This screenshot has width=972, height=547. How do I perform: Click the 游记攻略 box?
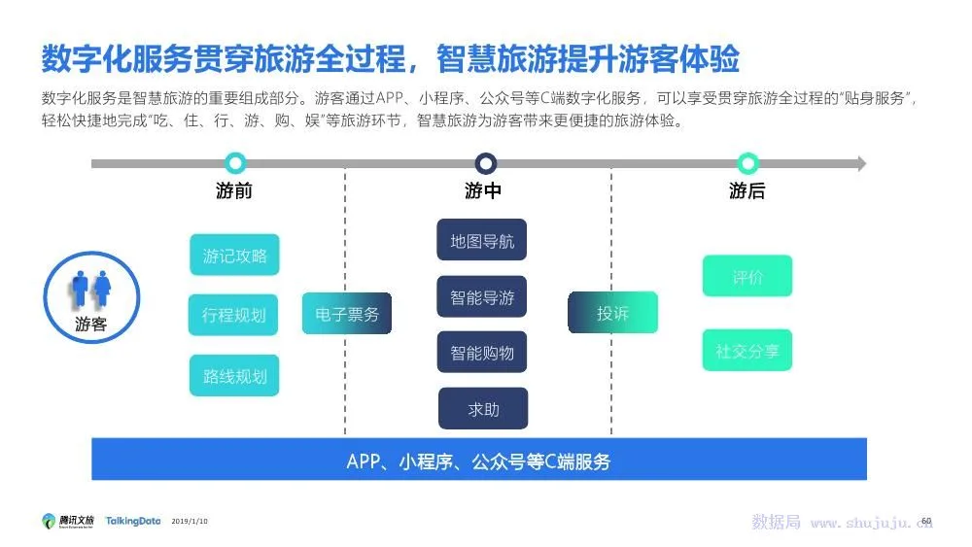tap(234, 256)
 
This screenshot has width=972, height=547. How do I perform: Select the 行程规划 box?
tap(233, 315)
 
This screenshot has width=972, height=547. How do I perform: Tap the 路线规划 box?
tap(234, 375)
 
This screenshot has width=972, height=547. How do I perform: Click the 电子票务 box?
tap(347, 313)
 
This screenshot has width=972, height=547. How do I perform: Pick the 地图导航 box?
tap(482, 240)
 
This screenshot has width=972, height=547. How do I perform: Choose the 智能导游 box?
tap(482, 297)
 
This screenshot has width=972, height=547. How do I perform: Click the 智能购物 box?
tap(482, 352)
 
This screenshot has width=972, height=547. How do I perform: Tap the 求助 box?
tap(483, 409)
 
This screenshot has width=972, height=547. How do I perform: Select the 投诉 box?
tap(612, 313)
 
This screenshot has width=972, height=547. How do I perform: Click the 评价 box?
tap(747, 277)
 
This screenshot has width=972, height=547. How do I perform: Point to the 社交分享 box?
tap(747, 351)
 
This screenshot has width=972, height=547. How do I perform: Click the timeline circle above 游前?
tap(234, 163)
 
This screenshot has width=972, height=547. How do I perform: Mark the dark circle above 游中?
tap(486, 163)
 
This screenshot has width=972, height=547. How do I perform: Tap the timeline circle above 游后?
tap(747, 163)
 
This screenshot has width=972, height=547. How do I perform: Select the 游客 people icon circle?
tap(91, 296)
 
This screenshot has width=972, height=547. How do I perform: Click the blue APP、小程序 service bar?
tap(479, 460)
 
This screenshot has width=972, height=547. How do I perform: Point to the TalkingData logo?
tap(133, 521)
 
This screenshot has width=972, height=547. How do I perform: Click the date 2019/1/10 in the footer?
tap(190, 522)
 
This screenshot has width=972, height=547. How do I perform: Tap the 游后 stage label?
tap(747, 191)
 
